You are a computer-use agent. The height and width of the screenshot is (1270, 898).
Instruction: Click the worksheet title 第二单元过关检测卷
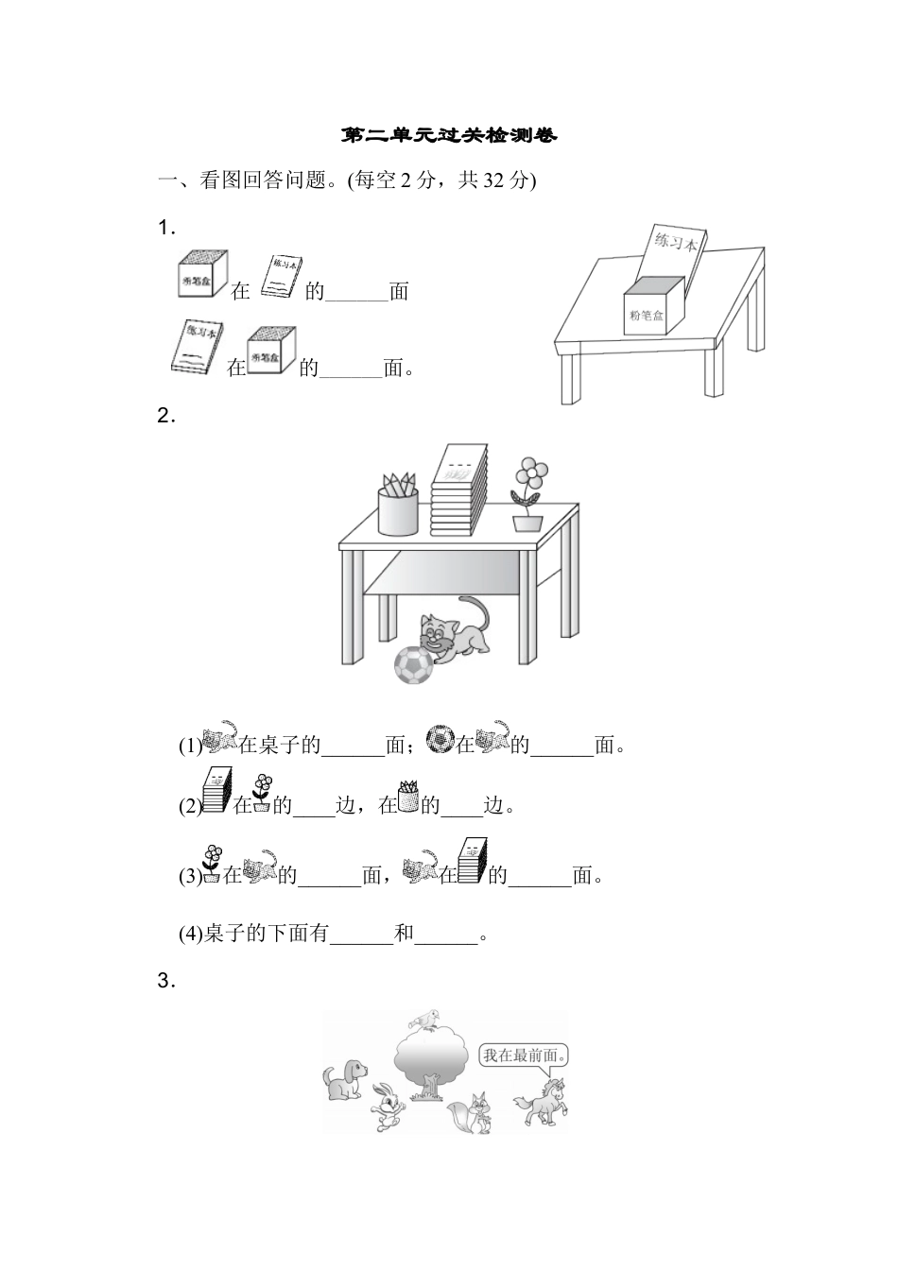point(449,136)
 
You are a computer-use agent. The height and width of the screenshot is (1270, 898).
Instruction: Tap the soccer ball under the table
point(413,664)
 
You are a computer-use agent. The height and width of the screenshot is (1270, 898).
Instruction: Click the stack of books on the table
point(458,491)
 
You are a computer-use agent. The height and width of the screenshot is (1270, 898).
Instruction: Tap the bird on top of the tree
point(425,1020)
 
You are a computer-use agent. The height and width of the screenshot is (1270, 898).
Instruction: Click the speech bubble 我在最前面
point(527,1055)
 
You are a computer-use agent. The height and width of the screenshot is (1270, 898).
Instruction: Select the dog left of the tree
point(346,1079)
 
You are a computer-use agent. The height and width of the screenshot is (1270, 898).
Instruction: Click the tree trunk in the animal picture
point(430,1088)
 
